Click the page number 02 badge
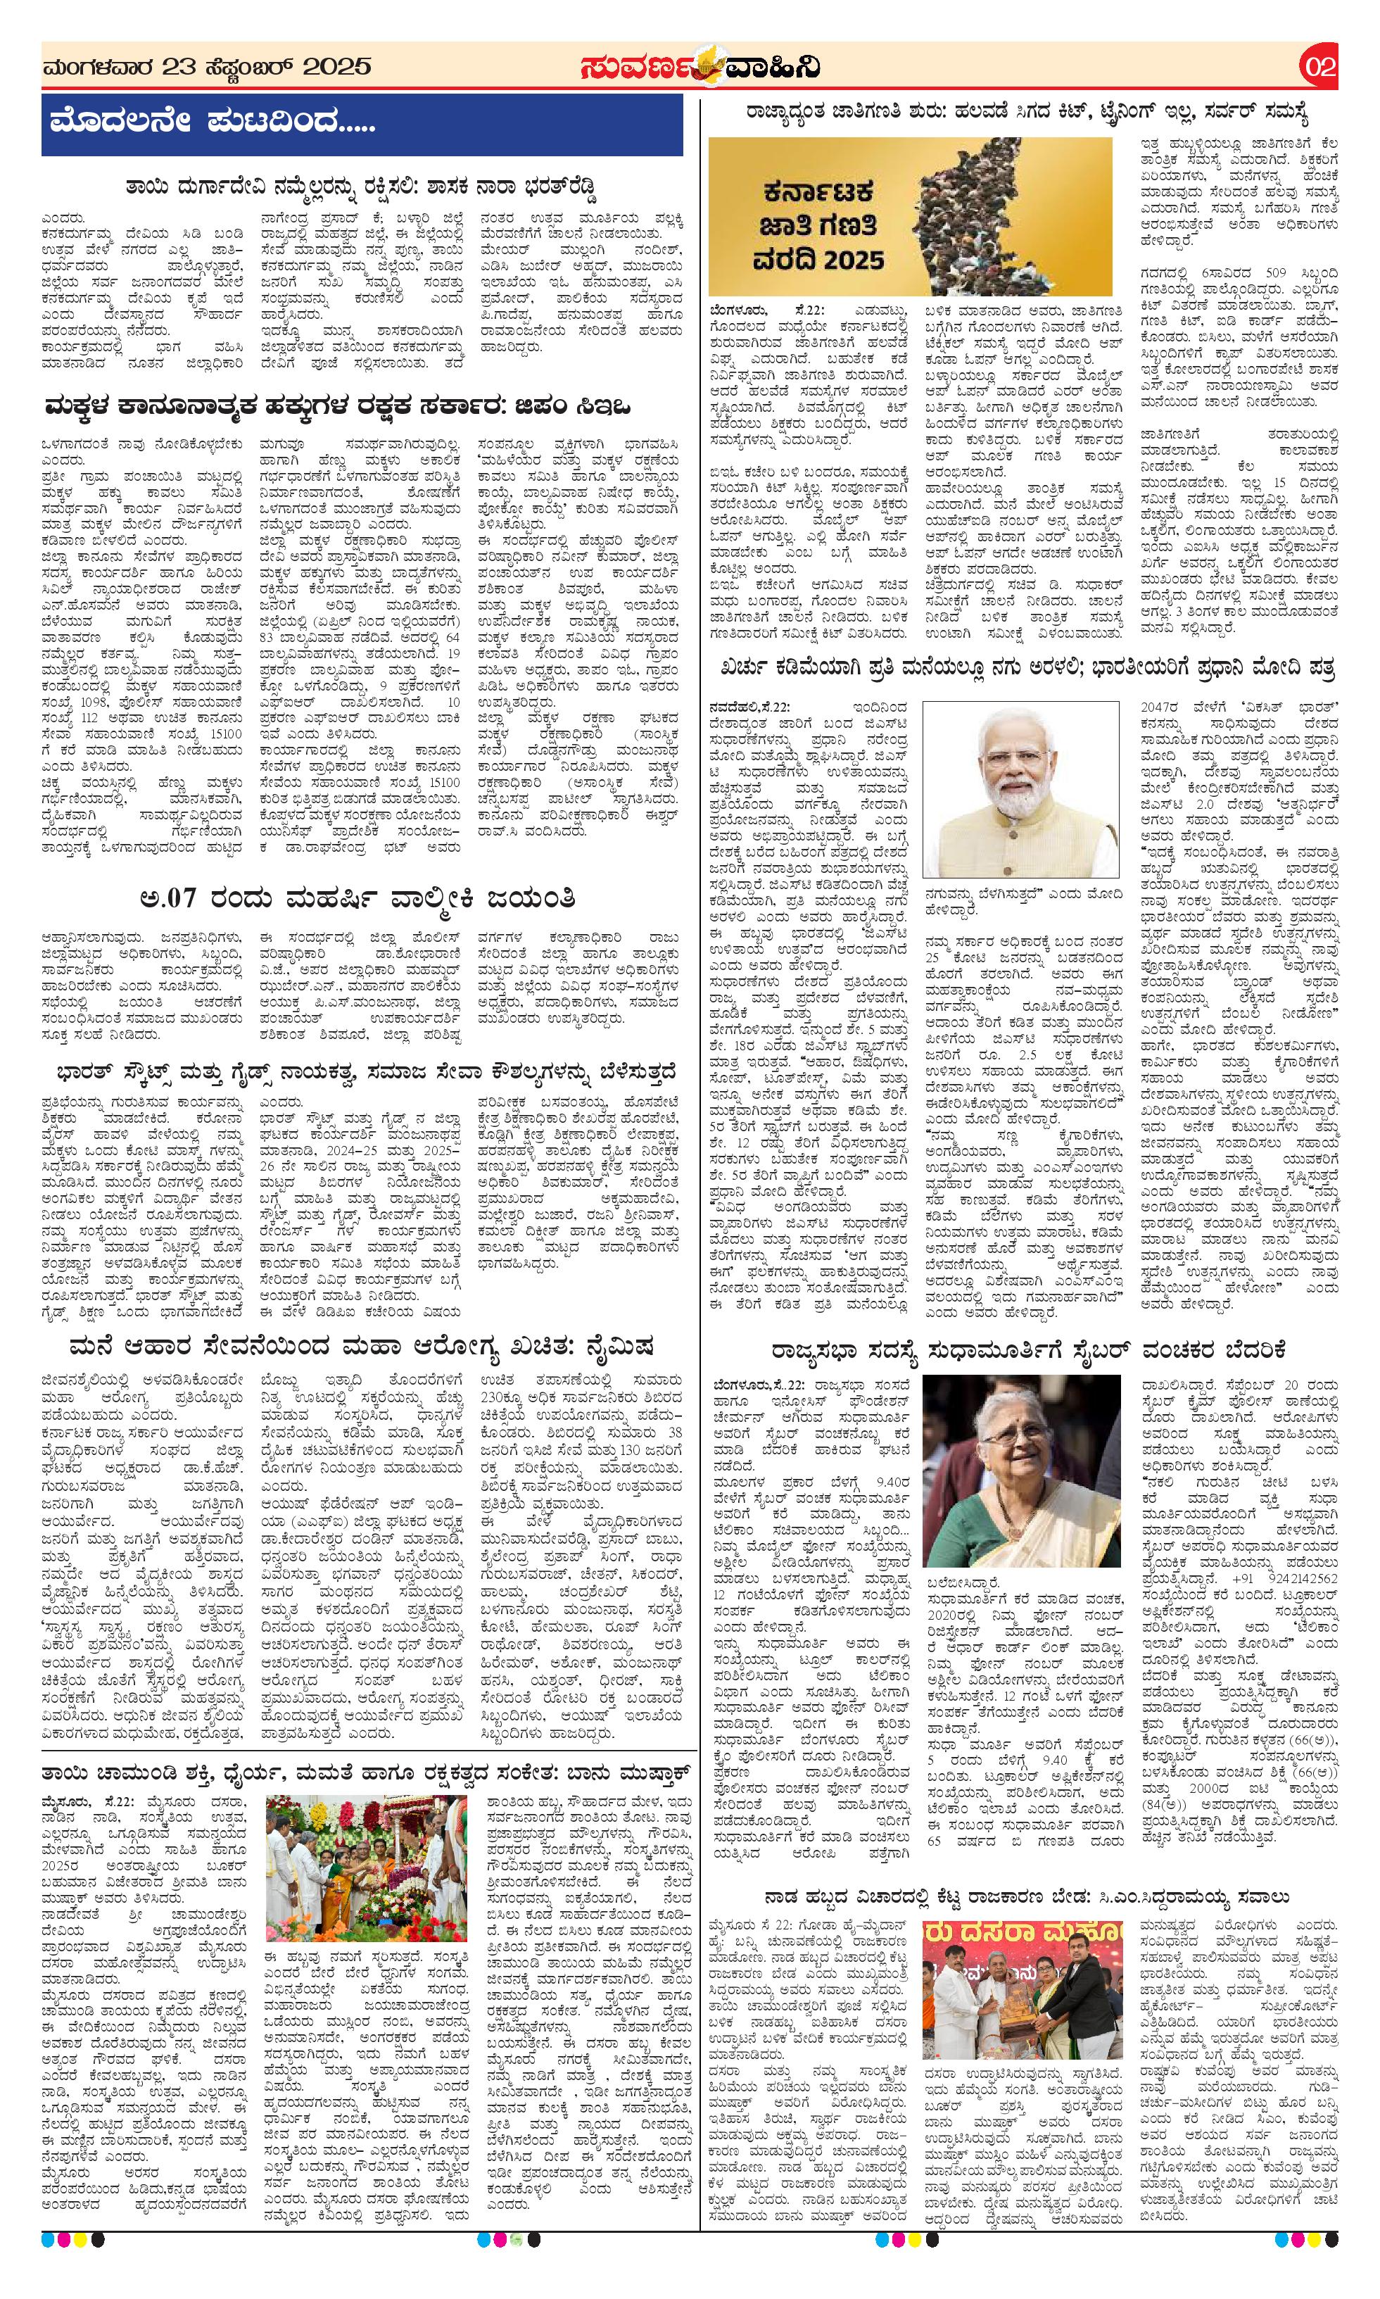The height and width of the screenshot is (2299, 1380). click(1319, 67)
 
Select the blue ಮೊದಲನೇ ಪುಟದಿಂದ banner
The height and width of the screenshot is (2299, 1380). click(362, 125)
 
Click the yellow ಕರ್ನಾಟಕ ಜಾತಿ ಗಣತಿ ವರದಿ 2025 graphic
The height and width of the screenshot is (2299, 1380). click(909, 217)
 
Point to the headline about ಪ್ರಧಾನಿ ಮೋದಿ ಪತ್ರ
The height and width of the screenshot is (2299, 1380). click(1021, 669)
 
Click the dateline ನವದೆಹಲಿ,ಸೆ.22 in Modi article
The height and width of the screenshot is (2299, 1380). click(752, 710)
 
